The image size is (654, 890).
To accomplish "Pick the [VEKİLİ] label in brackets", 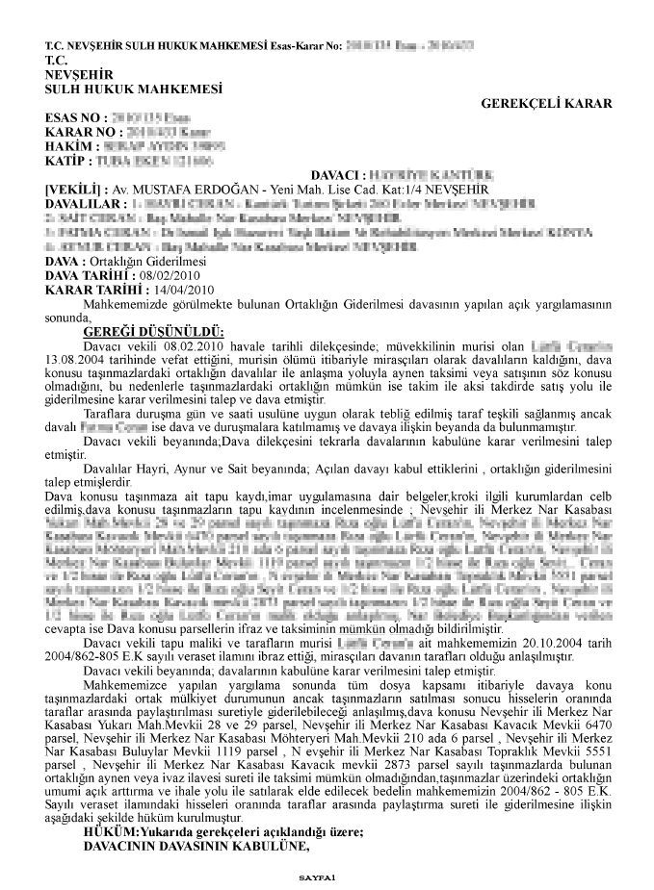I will click(x=72, y=190).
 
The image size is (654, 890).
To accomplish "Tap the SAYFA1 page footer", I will click(x=315, y=877).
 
